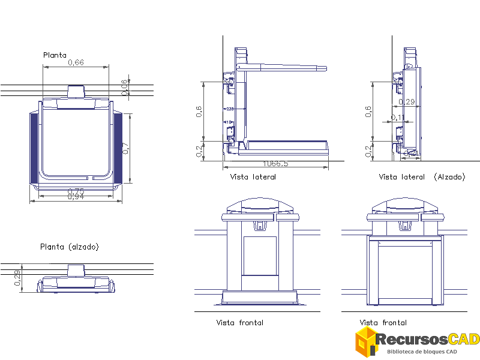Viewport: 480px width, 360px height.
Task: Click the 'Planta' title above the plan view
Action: [x=55, y=55]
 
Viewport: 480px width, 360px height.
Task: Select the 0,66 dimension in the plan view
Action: [x=76, y=62]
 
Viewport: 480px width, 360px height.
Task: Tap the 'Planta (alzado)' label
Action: [x=69, y=247]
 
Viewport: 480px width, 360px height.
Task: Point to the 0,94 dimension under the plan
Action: [x=76, y=197]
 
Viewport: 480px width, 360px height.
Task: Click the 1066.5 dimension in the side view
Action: [x=275, y=164]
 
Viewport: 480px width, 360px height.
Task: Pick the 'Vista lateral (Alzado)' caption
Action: [x=422, y=177]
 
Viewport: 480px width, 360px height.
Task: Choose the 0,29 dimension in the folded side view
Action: [x=406, y=101]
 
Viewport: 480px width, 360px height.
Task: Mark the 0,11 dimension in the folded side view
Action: [x=398, y=118]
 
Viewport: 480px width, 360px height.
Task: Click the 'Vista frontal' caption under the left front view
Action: [x=239, y=323]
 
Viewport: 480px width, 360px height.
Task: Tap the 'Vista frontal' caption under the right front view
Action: [x=383, y=323]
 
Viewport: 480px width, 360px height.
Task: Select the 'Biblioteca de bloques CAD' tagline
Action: [x=422, y=352]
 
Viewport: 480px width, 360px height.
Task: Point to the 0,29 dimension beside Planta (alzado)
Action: [x=17, y=278]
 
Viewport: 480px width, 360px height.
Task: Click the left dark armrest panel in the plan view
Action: [x=34, y=148]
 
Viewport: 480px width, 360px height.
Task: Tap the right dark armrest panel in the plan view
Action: [x=118, y=148]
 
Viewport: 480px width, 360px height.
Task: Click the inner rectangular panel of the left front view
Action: [x=260, y=256]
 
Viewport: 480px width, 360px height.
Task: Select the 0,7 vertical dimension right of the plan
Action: [x=125, y=148]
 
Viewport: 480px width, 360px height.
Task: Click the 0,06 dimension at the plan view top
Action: [x=124, y=87]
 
